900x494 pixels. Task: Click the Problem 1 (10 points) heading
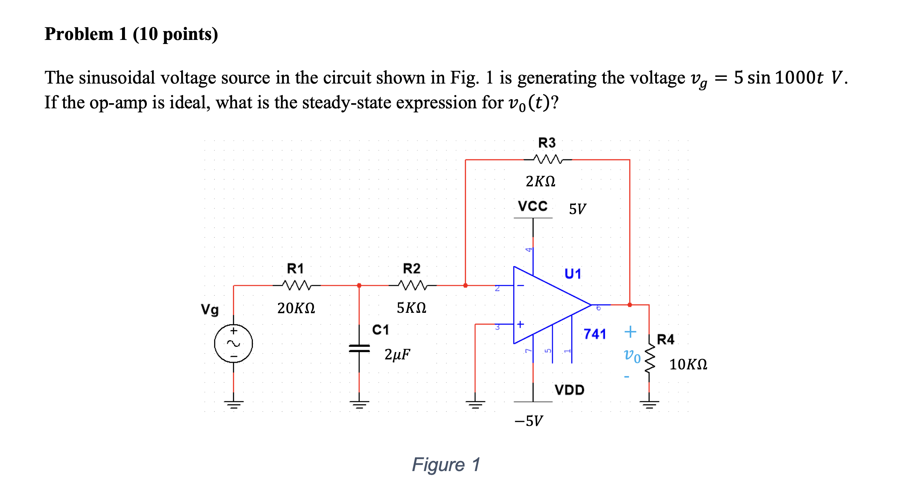point(131,34)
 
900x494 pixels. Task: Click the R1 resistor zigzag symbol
point(296,285)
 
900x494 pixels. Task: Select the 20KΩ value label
point(296,308)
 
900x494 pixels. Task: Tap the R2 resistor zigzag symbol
point(412,285)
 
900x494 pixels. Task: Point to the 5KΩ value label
point(411,308)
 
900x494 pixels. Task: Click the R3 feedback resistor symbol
point(547,159)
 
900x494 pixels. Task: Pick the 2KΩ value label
point(540,181)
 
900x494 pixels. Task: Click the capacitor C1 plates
point(359,348)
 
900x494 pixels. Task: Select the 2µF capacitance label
point(397,354)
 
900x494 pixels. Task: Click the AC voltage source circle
point(233,344)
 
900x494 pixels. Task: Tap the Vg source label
point(210,309)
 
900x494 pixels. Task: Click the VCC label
point(532,206)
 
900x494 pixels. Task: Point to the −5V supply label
point(529,421)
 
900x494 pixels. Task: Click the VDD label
point(569,390)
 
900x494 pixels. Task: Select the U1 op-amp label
point(573,274)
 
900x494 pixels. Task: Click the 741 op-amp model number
point(595,334)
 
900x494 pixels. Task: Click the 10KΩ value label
point(688,365)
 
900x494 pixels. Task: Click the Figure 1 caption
point(446,464)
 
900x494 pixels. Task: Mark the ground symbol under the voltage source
point(233,404)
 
